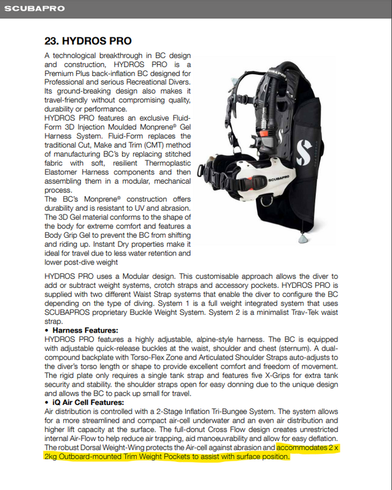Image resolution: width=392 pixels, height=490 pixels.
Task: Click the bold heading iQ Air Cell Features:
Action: coord(88,402)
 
